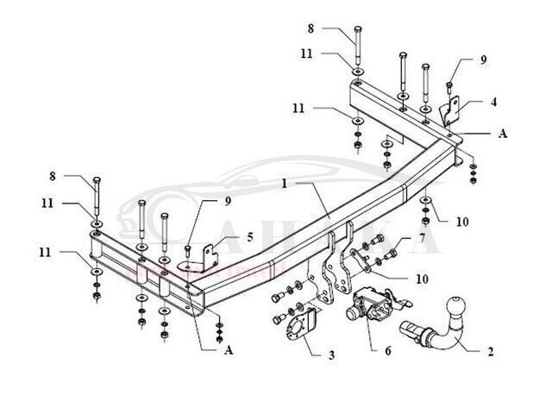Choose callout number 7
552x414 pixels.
click(422, 236)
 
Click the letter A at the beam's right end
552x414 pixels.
click(502, 134)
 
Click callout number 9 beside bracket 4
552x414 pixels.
click(484, 60)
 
